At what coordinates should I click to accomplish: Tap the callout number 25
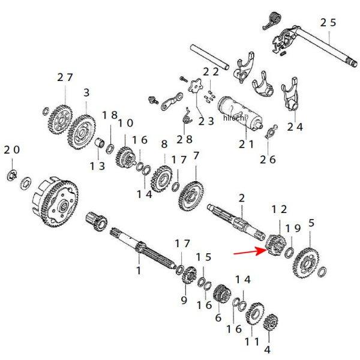point(328,23)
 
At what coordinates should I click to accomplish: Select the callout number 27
point(65,77)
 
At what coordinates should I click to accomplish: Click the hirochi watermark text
point(235,118)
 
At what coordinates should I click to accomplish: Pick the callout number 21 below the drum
point(247,144)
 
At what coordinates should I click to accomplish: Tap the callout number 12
point(280,209)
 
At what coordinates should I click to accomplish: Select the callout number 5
point(311,223)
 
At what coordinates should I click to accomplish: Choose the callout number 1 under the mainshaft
point(139,271)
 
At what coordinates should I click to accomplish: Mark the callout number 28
point(184,139)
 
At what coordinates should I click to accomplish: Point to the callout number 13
point(98,165)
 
